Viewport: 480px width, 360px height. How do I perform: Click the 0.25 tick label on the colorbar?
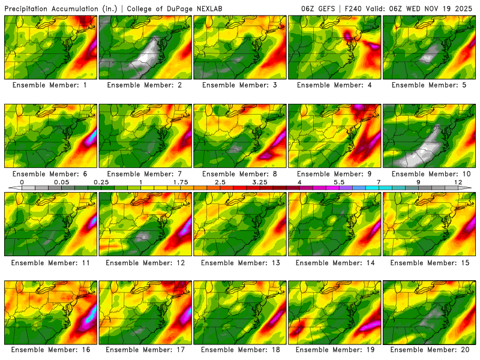click(100, 181)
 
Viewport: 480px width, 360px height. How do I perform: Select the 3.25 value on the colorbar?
click(259, 181)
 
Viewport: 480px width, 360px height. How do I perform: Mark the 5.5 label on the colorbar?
click(338, 181)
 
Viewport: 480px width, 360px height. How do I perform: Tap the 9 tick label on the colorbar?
click(418, 181)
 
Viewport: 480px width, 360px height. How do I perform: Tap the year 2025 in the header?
click(465, 8)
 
